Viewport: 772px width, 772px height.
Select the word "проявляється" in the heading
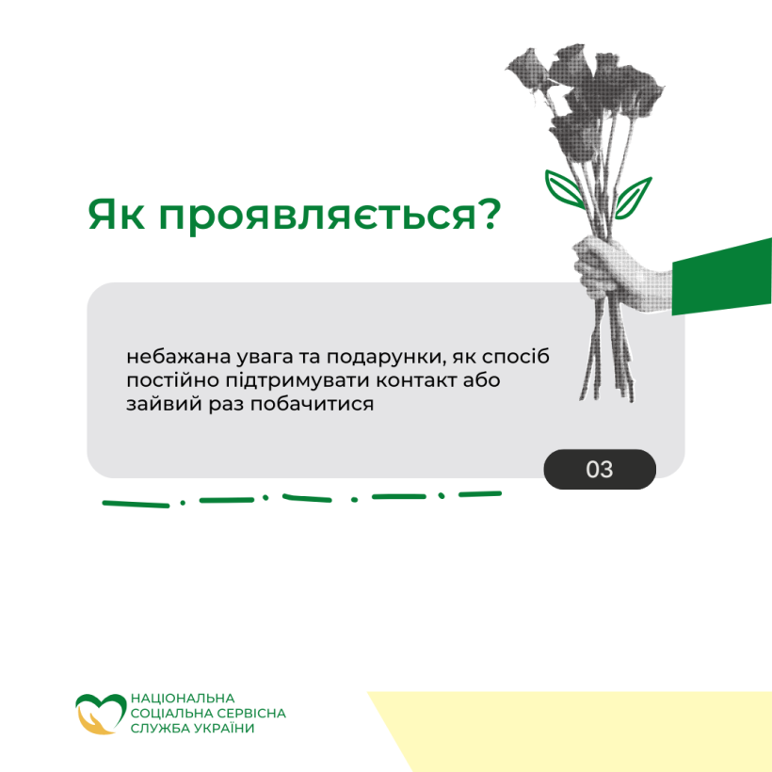(317, 217)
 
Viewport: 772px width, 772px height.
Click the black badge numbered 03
(600, 469)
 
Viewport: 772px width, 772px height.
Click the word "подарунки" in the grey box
(387, 358)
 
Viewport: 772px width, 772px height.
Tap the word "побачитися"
(313, 404)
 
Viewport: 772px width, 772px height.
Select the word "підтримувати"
(298, 381)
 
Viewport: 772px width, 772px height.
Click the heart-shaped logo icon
(101, 714)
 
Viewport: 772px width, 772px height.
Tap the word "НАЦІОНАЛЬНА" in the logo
(183, 699)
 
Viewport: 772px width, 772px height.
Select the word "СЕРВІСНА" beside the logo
(251, 713)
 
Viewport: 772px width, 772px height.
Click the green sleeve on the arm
(722, 277)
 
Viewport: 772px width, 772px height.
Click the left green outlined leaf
(565, 188)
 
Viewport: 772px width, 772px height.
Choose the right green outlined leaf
(633, 198)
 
